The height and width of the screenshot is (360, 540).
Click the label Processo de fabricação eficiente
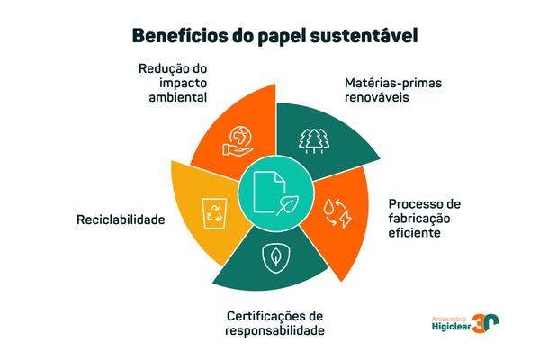click(423, 218)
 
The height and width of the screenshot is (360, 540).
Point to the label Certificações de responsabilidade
click(273, 323)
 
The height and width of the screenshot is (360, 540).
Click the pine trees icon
click(313, 139)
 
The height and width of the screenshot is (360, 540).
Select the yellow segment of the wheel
click(202, 216)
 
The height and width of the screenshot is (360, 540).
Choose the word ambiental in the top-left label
click(176, 96)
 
